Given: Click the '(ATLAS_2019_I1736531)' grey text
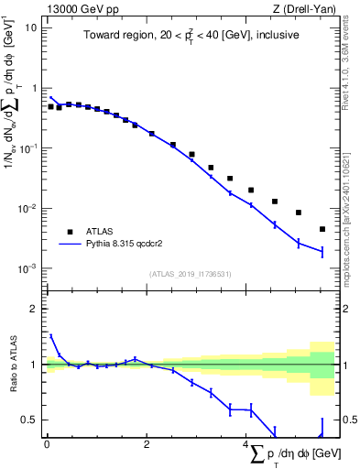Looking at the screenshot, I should [x=190, y=274].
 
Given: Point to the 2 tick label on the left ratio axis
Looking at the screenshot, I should [x=34, y=309].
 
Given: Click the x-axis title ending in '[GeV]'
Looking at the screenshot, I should [x=293, y=453].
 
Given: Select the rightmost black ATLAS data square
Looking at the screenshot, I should [x=322, y=229].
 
